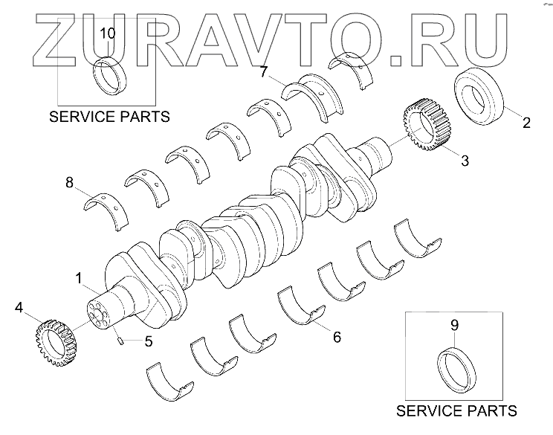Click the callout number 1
[79, 279]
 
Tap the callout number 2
[526, 123]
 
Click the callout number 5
[148, 342]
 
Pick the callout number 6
[337, 338]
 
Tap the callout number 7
[263, 71]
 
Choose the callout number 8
[70, 182]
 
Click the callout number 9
[456, 324]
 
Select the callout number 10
[108, 33]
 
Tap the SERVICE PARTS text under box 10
[109, 117]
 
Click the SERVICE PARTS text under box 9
[456, 411]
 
